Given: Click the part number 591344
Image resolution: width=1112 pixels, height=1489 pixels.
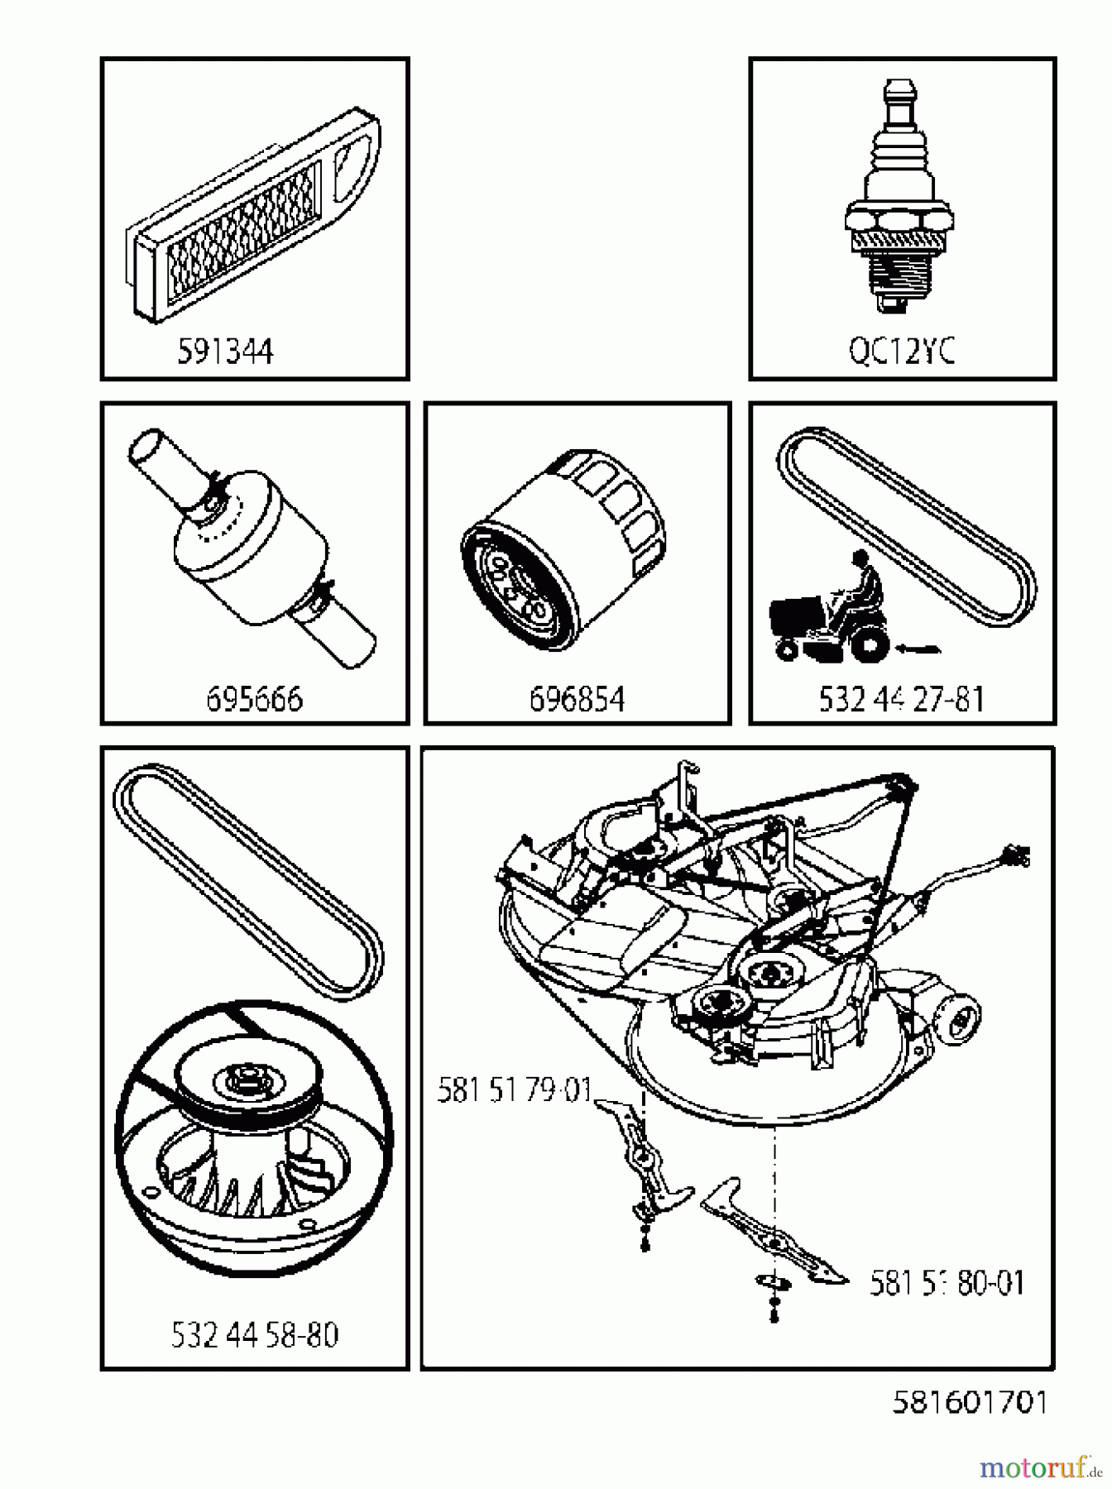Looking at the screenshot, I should pyautogui.click(x=225, y=352).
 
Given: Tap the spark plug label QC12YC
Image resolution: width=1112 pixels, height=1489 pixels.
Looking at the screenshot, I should pyautogui.click(x=902, y=352).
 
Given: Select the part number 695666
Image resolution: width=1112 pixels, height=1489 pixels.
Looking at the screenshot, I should pyautogui.click(x=254, y=700).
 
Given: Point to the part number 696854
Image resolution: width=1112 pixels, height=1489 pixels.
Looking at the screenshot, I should pyautogui.click(x=577, y=700).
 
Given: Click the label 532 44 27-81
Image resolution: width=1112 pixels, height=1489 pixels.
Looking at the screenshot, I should pyautogui.click(x=901, y=700).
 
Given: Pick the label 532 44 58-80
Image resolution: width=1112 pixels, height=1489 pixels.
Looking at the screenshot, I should pyautogui.click(x=254, y=1334).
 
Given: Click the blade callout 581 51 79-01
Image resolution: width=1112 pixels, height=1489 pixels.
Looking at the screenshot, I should pyautogui.click(x=514, y=1090).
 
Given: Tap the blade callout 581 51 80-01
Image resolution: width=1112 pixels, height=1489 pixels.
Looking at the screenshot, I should pyautogui.click(x=947, y=1283).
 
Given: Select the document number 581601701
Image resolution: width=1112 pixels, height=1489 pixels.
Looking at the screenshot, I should pyautogui.click(x=970, y=1401).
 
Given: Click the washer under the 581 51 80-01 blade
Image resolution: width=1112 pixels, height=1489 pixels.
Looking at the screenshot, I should pyautogui.click(x=774, y=1281).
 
